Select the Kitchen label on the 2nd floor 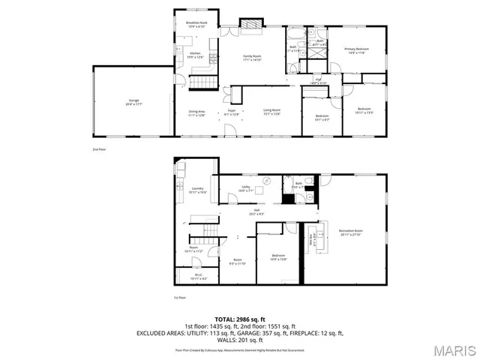coord(195,55)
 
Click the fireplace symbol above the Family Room coord(250,25)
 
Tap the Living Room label coord(271,112)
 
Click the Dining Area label coord(197,112)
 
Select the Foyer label coord(232,112)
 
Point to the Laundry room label coord(197,190)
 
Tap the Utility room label coord(245,188)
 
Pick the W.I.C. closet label coord(197,277)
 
